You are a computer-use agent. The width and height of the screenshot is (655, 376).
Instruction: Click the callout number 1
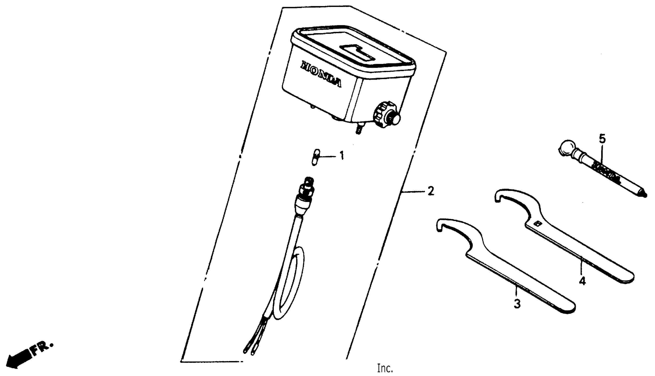[342, 156]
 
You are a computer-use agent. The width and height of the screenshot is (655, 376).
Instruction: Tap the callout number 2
[431, 191]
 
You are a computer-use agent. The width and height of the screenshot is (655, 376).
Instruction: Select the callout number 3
[517, 304]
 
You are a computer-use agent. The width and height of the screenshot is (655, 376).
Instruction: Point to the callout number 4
[582, 281]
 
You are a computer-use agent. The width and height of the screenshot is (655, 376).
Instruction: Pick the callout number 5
[602, 139]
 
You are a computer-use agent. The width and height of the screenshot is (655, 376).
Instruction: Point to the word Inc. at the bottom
[385, 368]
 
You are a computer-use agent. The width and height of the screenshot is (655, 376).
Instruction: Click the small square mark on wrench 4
[538, 223]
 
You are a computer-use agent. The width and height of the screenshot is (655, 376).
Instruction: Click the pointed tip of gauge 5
[644, 195]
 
